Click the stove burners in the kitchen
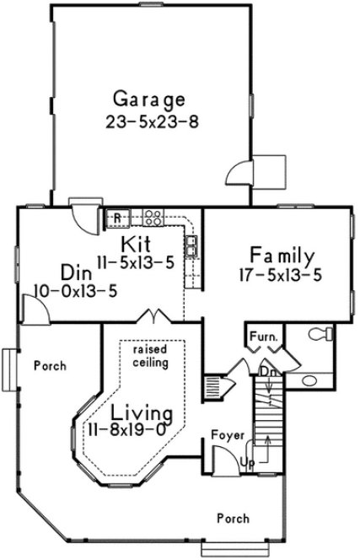153,218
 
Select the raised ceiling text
150,355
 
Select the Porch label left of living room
49,366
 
